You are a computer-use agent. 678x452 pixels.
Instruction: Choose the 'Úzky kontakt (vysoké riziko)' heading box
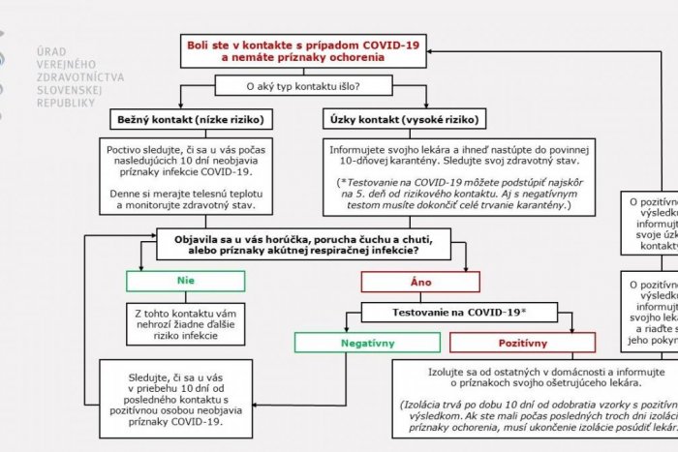(400, 120)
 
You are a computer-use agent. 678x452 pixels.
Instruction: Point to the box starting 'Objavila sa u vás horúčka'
(306, 244)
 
